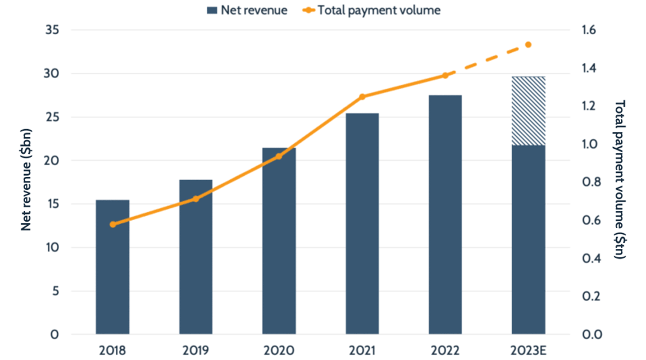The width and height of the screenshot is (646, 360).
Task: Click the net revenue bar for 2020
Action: (279, 241)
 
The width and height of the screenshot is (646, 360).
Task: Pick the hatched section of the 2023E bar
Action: (529, 111)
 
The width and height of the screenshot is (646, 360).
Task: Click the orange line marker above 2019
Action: (195, 199)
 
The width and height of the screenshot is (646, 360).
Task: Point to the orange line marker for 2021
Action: (362, 97)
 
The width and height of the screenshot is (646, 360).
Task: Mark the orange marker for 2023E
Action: (529, 44)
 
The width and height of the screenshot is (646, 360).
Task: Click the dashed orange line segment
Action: (487, 60)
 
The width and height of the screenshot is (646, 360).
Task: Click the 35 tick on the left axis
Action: (52, 30)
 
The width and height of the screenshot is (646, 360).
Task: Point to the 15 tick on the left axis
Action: (52, 204)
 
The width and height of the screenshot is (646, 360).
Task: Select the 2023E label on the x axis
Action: (529, 350)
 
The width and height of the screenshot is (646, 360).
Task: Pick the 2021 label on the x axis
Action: (362, 350)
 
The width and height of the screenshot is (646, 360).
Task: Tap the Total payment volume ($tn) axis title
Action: (621, 180)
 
